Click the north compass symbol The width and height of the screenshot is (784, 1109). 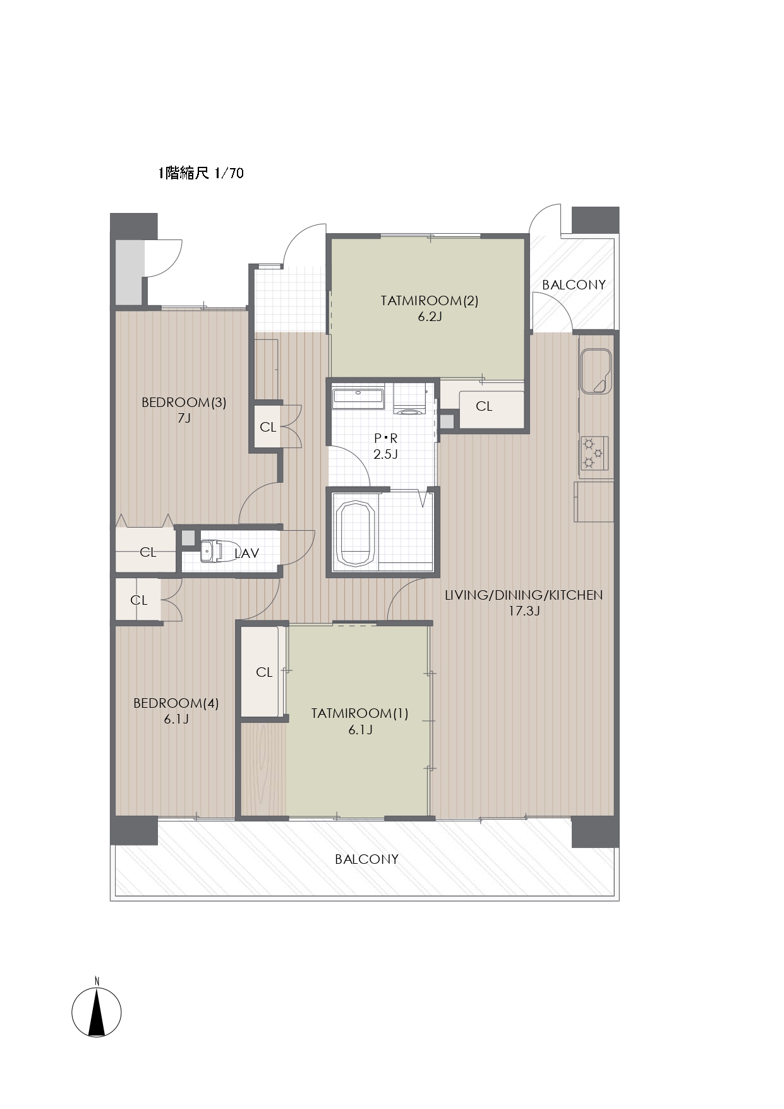tap(96, 1011)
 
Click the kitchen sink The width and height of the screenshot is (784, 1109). tap(595, 370)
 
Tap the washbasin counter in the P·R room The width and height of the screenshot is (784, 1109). tap(358, 397)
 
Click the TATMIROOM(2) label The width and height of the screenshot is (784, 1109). tap(430, 301)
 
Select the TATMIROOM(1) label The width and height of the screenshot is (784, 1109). tap(359, 713)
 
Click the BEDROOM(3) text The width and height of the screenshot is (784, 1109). tap(184, 403)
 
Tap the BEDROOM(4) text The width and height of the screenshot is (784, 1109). tap(176, 703)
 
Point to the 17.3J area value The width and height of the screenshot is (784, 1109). tap(524, 611)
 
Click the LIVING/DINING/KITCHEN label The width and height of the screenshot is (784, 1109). tap(524, 595)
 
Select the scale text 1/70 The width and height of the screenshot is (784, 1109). tap(229, 173)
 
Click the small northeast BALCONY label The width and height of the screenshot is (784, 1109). tap(574, 285)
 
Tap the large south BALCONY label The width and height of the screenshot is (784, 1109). tap(366, 859)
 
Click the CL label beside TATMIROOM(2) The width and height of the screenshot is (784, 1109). tap(484, 406)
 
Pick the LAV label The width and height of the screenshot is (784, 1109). tap(246, 554)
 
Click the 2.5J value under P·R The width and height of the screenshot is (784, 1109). tap(385, 454)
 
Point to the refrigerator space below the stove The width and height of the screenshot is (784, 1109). tap(594, 502)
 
